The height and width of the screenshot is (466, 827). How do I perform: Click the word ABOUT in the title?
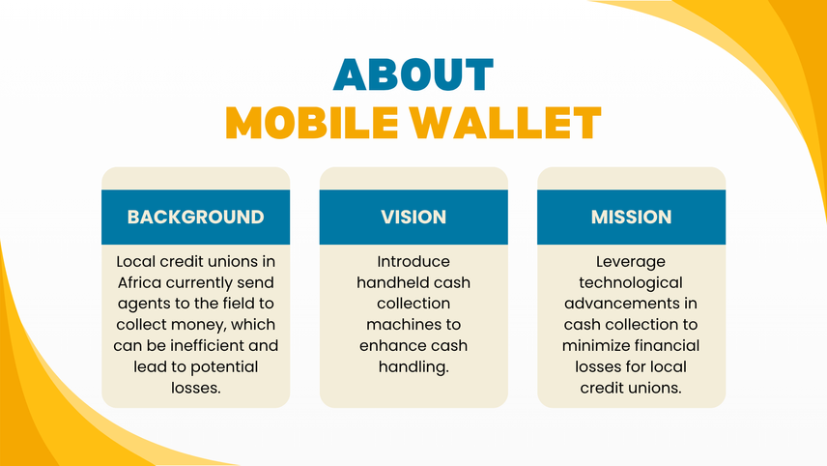[413, 75]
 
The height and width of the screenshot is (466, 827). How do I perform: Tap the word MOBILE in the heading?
[312, 123]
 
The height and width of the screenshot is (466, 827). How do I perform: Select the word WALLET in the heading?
[506, 123]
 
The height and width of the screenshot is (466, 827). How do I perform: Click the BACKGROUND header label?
[196, 217]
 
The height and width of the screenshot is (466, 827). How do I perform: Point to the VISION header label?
[413, 217]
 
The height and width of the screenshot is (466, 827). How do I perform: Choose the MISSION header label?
[631, 217]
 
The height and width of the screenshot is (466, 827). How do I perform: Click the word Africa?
[139, 283]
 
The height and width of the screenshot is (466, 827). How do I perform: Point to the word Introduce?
[413, 262]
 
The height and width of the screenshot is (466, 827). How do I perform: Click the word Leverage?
[631, 262]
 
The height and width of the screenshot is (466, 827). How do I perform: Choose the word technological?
[631, 283]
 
